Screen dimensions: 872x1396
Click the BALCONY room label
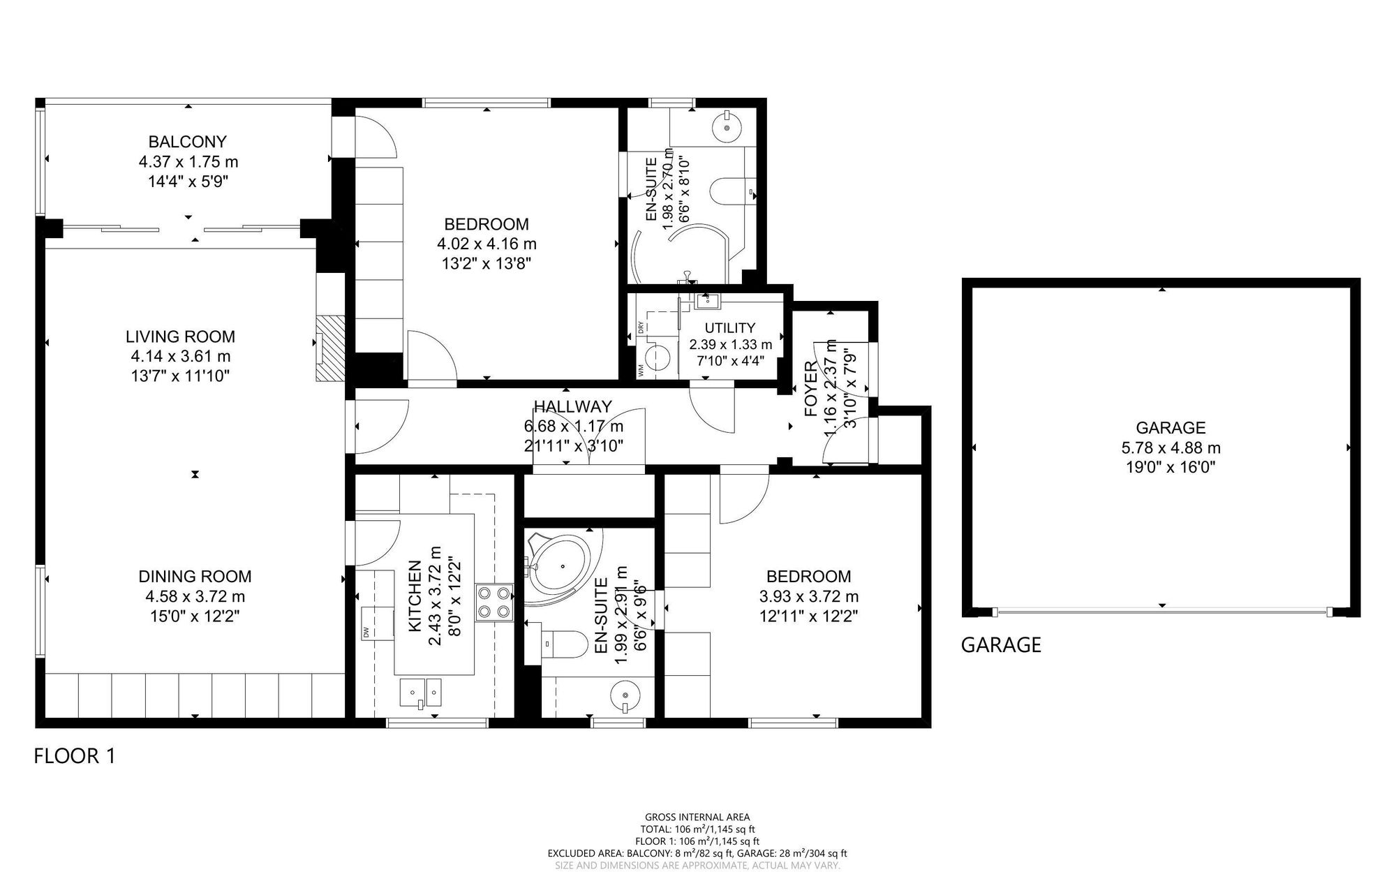[x=188, y=142]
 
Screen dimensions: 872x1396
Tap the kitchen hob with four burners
[x=494, y=603]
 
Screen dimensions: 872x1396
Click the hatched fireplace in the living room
[x=330, y=348]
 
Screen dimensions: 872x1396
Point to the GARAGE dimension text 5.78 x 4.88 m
[x=1171, y=448]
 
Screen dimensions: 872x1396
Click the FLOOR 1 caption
[x=75, y=756]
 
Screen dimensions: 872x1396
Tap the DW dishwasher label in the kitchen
[x=366, y=633]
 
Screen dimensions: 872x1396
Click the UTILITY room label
[x=729, y=327]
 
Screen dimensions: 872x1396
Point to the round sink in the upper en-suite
[x=728, y=128]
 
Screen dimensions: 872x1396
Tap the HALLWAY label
[x=572, y=406]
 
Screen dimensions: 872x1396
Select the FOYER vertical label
[x=811, y=389]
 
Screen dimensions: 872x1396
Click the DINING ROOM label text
[x=195, y=577]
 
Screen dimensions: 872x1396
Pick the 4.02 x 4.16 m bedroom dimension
[x=487, y=244]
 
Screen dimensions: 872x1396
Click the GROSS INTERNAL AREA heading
[x=697, y=817]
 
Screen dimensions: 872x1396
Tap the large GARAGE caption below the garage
[x=1001, y=644]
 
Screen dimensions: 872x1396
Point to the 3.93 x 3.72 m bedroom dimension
[x=808, y=597]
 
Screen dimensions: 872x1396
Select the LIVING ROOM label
[x=180, y=337]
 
